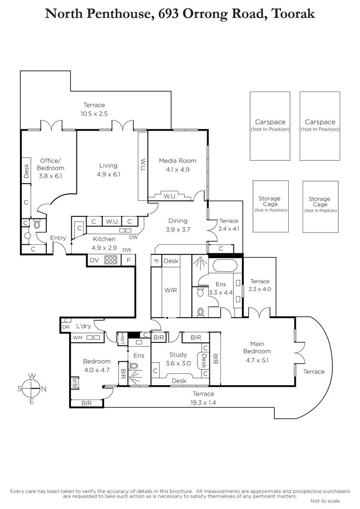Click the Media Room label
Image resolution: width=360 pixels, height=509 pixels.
pos(177,161)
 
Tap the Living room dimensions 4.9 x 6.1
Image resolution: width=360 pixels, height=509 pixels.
pos(108,174)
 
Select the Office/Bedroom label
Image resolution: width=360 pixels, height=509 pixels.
pos(51,164)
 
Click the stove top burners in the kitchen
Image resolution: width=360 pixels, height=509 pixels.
pos(111,260)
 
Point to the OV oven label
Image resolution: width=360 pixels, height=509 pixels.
pos(94,260)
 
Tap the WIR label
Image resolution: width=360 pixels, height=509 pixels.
pos(171,290)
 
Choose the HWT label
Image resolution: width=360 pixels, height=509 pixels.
pos(122,339)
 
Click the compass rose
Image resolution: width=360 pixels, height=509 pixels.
pos(31,389)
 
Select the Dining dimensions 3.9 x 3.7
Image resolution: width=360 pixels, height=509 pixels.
pos(178,229)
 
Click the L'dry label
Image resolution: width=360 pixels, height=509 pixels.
pos(84,326)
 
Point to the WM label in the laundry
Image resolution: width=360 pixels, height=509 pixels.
pos(78,338)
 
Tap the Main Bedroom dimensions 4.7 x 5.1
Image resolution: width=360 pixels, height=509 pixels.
pos(257,360)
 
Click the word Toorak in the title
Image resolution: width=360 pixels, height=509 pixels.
pos(293,14)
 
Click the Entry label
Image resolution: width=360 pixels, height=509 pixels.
pos(58,238)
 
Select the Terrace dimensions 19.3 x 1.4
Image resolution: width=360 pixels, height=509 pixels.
pos(203,403)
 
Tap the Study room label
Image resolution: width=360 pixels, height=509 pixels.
pos(178,355)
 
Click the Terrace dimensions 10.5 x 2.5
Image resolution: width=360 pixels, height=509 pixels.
pos(94,114)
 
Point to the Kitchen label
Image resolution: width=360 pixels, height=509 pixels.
pos(104,239)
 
